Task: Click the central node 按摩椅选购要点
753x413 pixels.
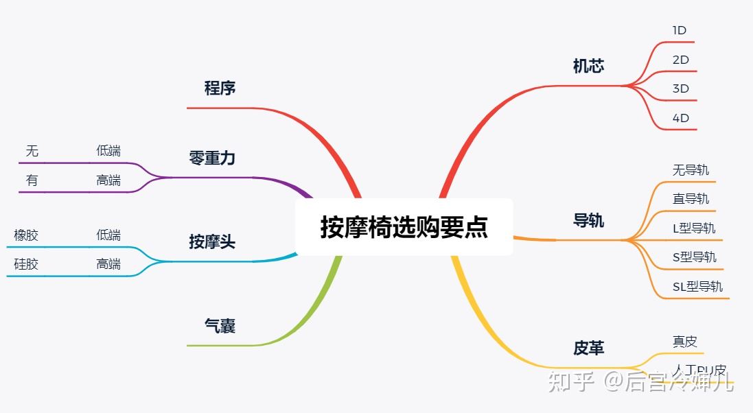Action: [404, 227]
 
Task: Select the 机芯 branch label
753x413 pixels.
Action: [588, 66]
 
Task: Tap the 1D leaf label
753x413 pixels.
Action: [680, 30]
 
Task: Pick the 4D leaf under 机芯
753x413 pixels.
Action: [680, 118]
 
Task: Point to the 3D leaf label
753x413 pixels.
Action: [680, 88]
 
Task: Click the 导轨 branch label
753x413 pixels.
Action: [588, 220]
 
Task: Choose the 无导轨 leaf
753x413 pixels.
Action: [691, 169]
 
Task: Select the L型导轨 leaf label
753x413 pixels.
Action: [694, 228]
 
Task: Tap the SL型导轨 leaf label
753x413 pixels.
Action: [697, 286]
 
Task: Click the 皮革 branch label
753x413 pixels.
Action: [588, 348]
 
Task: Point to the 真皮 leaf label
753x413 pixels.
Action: [684, 341]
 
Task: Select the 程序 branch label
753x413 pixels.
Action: [220, 88]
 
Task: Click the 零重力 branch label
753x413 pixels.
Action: [212, 158]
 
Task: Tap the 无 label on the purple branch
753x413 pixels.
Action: [32, 151]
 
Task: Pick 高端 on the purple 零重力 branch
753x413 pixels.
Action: [108, 180]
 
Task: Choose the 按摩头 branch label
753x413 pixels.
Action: [212, 241]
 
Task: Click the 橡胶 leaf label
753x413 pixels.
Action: [26, 235]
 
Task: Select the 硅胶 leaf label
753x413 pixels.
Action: [26, 264]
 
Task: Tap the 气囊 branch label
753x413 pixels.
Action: [220, 326]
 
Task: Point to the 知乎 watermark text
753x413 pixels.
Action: [570, 381]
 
